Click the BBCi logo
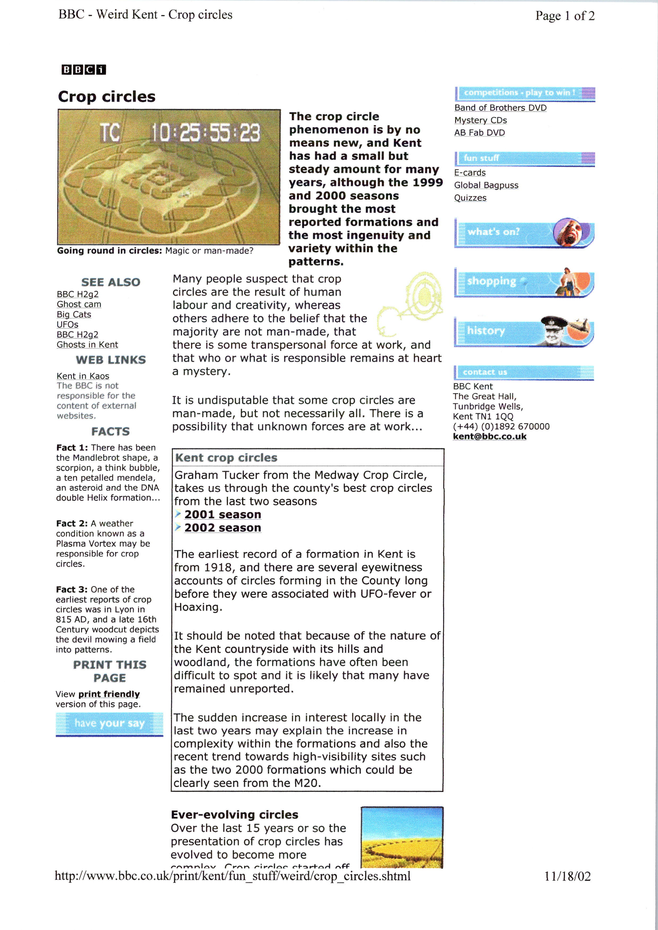(x=84, y=70)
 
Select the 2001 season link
(x=223, y=515)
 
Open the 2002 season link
(x=223, y=528)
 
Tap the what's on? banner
(x=524, y=233)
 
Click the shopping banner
(x=524, y=282)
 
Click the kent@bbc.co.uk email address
(x=489, y=436)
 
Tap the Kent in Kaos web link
(x=83, y=376)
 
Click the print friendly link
(x=109, y=694)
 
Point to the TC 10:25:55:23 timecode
(x=180, y=133)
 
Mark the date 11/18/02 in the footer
(x=567, y=876)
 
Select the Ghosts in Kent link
(x=87, y=345)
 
